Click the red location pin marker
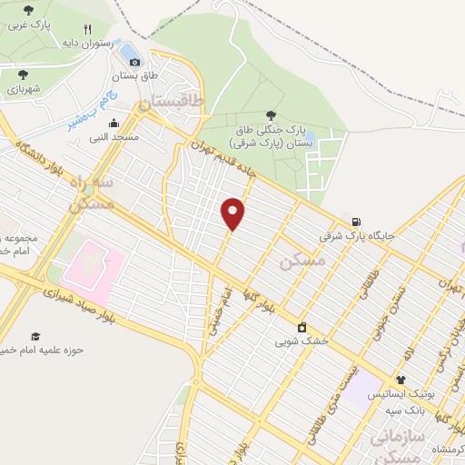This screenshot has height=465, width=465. point(234,213)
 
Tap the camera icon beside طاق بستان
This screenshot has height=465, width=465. point(134,62)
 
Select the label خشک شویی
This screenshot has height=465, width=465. point(302,343)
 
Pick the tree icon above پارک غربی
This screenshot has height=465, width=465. point(27,10)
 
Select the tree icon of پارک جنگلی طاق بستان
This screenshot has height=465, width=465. point(271,114)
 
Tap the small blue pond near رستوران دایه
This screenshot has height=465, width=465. point(130,49)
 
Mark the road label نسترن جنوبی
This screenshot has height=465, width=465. point(391,313)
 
